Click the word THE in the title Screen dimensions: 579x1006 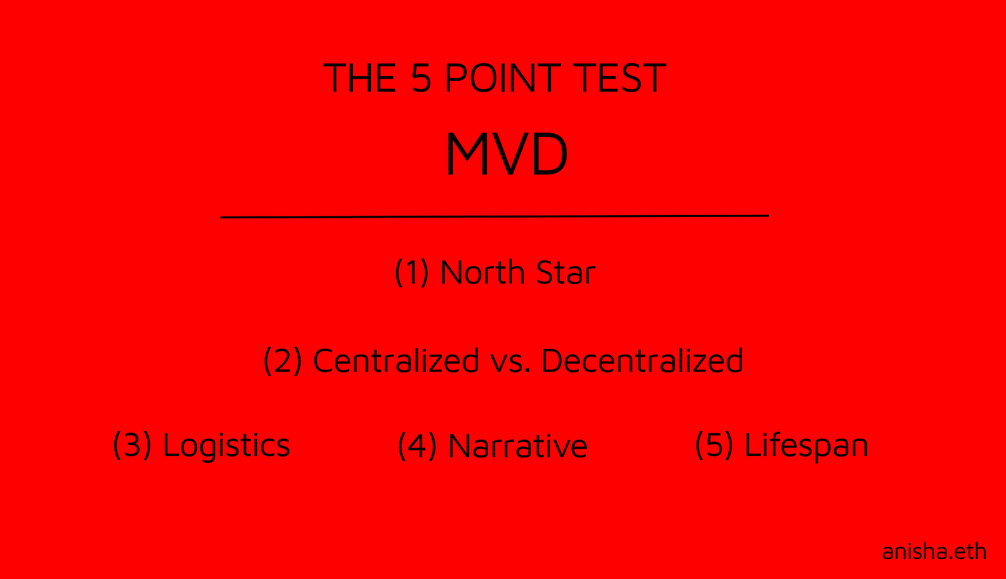tap(359, 77)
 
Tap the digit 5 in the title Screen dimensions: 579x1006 tap(421, 77)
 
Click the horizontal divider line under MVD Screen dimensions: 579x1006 tap(494, 216)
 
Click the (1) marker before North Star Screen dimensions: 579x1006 tap(412, 272)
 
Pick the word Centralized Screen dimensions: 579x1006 tap(396, 361)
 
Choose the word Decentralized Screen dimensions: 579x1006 tap(642, 361)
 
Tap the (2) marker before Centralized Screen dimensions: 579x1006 tap(283, 361)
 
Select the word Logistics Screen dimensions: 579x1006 tap(227, 446)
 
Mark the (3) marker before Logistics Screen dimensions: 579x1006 tap(131, 445)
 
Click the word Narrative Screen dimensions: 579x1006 tap(518, 446)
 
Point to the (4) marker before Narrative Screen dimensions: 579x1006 tap(417, 446)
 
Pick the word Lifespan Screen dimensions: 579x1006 tap(806, 446)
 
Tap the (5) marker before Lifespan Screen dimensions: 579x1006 tap(714, 445)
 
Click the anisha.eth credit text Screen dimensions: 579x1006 tap(934, 551)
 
